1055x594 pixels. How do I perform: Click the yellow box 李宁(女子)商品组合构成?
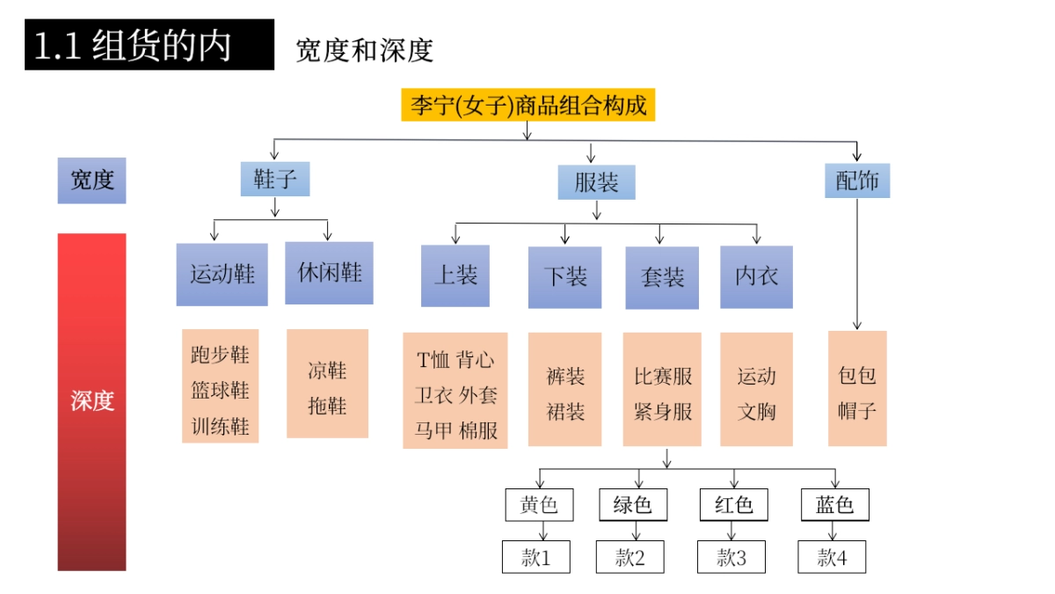point(527,106)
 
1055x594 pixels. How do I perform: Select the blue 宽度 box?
point(92,180)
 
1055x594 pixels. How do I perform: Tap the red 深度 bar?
point(92,401)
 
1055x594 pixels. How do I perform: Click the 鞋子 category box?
point(275,180)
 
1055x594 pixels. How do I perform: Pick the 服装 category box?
point(596,182)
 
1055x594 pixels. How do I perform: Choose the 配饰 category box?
point(856,180)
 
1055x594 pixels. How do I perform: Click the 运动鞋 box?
point(222,274)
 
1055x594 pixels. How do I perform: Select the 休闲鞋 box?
point(329,273)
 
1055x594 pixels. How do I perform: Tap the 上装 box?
point(455,275)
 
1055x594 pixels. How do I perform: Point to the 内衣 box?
point(756,276)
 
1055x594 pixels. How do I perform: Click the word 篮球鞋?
point(220,391)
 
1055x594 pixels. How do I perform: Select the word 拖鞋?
point(327,406)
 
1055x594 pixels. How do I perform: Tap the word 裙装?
point(565,412)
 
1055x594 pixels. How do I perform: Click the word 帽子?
point(857,410)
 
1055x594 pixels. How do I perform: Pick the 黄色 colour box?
point(539,505)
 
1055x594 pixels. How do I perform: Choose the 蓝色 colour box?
point(834,505)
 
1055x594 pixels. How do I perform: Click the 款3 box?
point(731,557)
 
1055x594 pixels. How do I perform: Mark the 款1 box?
point(535,557)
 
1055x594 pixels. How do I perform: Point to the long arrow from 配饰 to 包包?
point(857,264)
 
